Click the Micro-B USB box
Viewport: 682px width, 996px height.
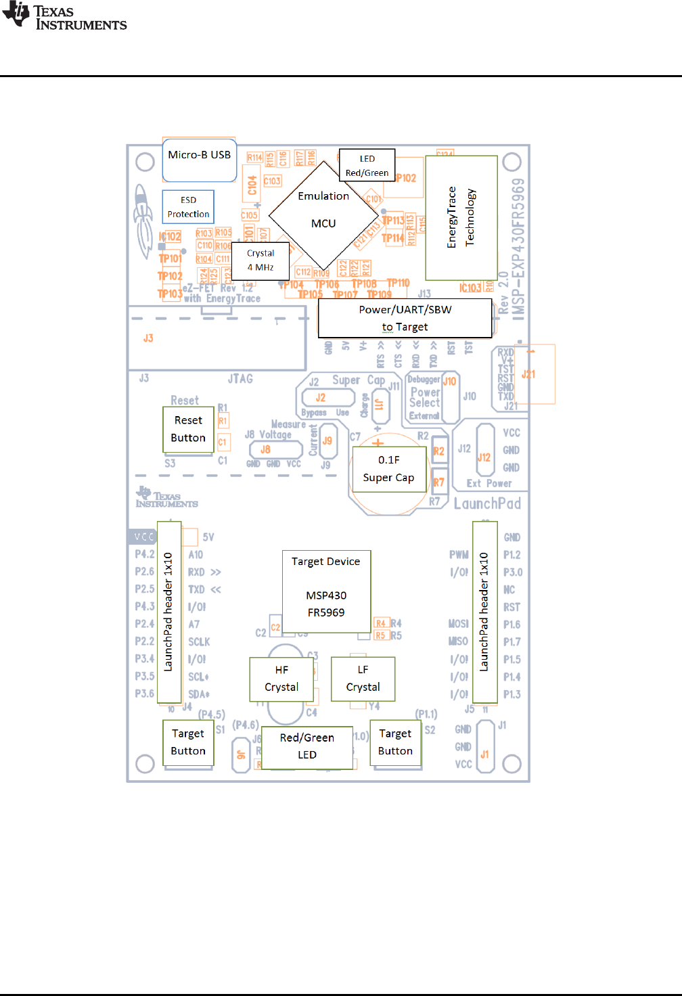click(200, 160)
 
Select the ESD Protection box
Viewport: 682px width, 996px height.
click(188, 206)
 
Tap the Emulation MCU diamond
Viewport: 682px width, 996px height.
click(323, 215)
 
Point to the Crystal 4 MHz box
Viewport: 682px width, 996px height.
click(260, 261)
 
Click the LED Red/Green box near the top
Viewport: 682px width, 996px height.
click(367, 166)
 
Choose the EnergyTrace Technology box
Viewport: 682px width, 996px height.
click(461, 218)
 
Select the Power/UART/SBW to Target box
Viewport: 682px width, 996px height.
click(405, 318)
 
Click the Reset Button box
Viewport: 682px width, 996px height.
click(188, 429)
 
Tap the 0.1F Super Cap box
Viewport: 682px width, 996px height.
click(388, 468)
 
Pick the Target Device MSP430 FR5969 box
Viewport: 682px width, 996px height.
click(326, 591)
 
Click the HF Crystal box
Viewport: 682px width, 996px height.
click(281, 678)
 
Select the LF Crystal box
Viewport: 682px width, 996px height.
click(363, 678)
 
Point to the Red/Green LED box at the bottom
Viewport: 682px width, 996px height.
click(307, 747)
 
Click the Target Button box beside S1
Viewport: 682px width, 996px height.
click(188, 742)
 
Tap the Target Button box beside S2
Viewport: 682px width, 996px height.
click(396, 742)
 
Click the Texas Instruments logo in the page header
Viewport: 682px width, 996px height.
click(65, 17)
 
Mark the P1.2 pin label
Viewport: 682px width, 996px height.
click(512, 555)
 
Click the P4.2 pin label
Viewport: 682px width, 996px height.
click(145, 554)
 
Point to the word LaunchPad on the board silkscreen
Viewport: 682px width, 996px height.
click(488, 503)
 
